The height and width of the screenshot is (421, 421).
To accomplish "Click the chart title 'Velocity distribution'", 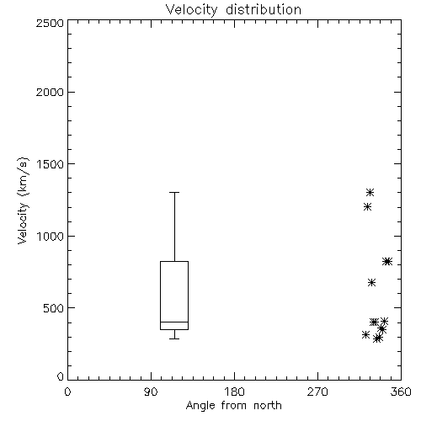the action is click(233, 10).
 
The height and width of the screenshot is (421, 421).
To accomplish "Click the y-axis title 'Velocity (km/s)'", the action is click(23, 200).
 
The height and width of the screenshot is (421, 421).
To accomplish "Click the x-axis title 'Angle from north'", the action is click(233, 406).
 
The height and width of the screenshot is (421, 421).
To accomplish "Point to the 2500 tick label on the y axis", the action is click(50, 23).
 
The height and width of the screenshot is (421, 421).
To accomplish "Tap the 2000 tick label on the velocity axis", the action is click(50, 92).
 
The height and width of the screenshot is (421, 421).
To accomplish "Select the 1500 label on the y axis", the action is click(51, 164).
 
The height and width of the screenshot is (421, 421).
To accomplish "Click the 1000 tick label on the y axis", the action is click(51, 237).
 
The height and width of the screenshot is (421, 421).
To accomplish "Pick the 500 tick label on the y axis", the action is click(54, 308).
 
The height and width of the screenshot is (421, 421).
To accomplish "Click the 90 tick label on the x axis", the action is click(151, 392).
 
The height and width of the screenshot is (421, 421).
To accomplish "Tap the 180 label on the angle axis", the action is click(234, 392).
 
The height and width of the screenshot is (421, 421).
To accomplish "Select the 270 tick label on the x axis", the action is click(317, 392).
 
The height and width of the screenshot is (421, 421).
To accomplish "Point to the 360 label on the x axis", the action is click(401, 392).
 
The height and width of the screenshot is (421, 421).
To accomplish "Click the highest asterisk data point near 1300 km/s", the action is click(370, 192).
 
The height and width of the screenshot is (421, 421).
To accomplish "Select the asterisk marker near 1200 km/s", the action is click(367, 207).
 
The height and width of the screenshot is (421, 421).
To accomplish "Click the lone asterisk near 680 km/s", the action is click(371, 282).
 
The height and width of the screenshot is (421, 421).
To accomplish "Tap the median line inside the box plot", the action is click(174, 322).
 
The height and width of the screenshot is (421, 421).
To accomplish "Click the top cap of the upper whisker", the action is click(174, 192).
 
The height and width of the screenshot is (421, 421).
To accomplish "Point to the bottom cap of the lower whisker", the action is click(174, 338).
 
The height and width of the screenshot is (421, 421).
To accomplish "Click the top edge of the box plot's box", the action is click(174, 261).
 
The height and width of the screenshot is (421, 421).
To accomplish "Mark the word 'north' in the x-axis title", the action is click(268, 406).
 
